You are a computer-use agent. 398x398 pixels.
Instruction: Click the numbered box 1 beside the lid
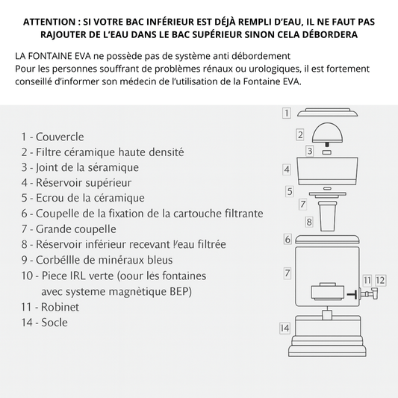287,114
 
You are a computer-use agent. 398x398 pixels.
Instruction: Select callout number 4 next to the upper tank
287,170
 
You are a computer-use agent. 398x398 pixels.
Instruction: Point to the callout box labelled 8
308,222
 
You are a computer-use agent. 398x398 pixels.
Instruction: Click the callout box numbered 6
287,239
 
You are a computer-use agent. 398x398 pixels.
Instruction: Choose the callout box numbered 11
367,280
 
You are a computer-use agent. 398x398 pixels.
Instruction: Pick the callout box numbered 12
381,280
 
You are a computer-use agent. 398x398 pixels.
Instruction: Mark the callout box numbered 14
284,328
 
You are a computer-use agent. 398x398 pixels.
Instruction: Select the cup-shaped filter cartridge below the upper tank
328,217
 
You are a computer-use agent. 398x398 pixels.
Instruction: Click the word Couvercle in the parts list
60,137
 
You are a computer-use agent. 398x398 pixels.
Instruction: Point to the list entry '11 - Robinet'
50,306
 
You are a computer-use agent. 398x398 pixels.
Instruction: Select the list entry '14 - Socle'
45,322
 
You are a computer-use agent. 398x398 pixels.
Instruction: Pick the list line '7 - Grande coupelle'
69,228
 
